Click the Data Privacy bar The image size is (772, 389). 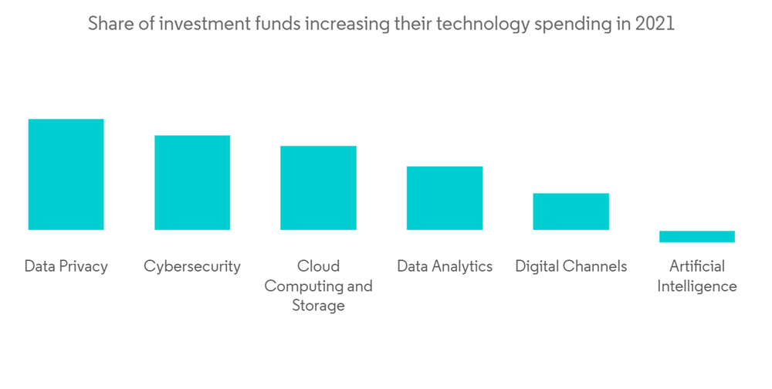click(x=66, y=174)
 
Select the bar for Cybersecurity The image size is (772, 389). click(x=192, y=183)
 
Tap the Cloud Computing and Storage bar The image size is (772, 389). click(x=318, y=188)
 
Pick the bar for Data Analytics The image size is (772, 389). click(x=445, y=198)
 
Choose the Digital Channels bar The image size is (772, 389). click(x=571, y=211)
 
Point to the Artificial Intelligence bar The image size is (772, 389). click(x=697, y=236)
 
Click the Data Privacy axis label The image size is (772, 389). click(x=66, y=266)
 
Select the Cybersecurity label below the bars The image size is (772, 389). click(x=192, y=266)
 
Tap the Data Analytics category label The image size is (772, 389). click(x=445, y=266)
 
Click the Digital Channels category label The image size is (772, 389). click(x=571, y=266)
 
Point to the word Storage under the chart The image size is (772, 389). click(x=318, y=306)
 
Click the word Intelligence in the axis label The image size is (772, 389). click(x=697, y=286)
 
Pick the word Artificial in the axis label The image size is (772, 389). click(x=697, y=266)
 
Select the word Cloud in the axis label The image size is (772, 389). click(x=318, y=266)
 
